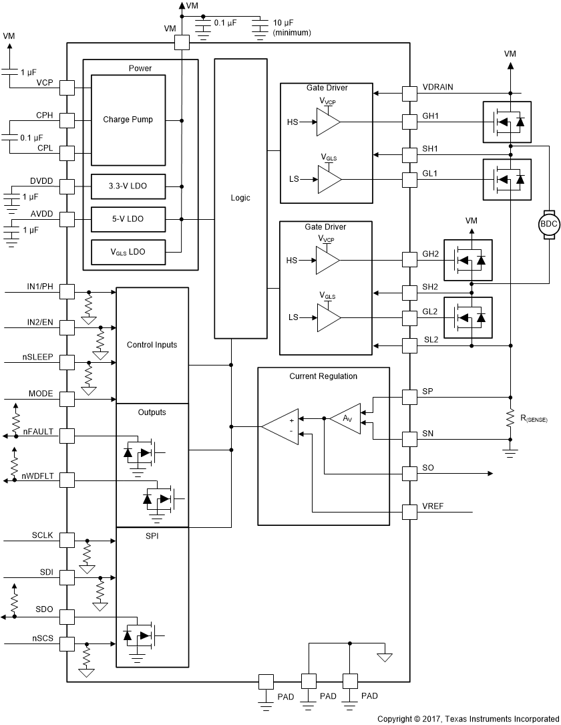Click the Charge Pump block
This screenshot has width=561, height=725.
[128, 120]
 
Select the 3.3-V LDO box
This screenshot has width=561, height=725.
[128, 186]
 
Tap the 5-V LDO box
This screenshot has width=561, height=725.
[128, 219]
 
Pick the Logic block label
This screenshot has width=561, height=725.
[240, 198]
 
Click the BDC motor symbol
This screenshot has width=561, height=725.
[548, 225]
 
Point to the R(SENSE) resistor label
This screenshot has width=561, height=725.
[534, 419]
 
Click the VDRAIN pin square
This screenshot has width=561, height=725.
[409, 93]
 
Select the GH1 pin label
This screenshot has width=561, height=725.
[430, 116]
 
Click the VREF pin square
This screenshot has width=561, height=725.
[409, 513]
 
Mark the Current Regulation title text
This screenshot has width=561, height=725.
[323, 376]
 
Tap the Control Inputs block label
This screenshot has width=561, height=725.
[152, 345]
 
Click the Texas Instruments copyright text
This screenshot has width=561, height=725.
[467, 718]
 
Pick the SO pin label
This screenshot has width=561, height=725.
[428, 468]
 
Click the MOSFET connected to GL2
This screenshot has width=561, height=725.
[467, 317]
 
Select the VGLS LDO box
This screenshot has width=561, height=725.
[128, 252]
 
